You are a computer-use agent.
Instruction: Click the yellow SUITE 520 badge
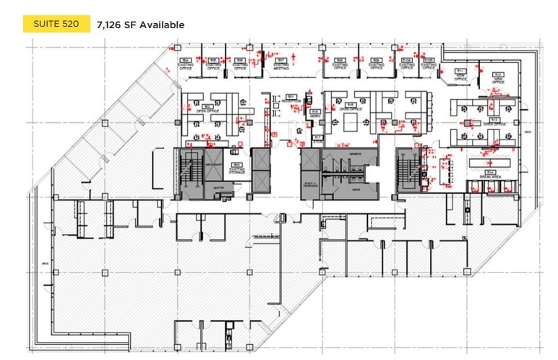[56, 25]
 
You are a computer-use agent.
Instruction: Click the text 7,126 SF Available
[140, 25]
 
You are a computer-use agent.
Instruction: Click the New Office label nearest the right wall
[498, 79]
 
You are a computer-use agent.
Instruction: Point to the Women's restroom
[354, 155]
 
